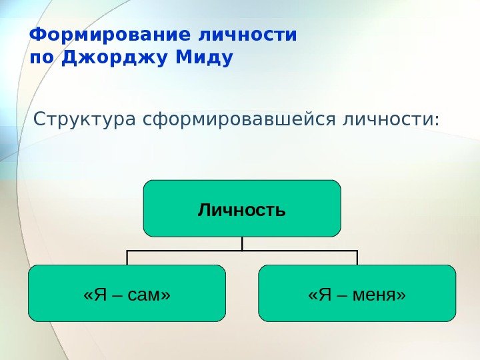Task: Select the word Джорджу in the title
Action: pyautogui.click(x=113, y=59)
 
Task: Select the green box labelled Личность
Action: pyautogui.click(x=242, y=209)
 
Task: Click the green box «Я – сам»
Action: pyautogui.click(x=127, y=293)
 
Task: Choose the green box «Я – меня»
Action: pyautogui.click(x=357, y=293)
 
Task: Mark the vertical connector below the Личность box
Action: pyautogui.click(x=242, y=243)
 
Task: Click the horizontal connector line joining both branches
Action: pyautogui.click(x=200, y=251)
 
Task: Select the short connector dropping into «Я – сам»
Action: pyautogui.click(x=127, y=258)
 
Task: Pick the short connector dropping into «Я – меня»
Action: pyautogui.click(x=357, y=258)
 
